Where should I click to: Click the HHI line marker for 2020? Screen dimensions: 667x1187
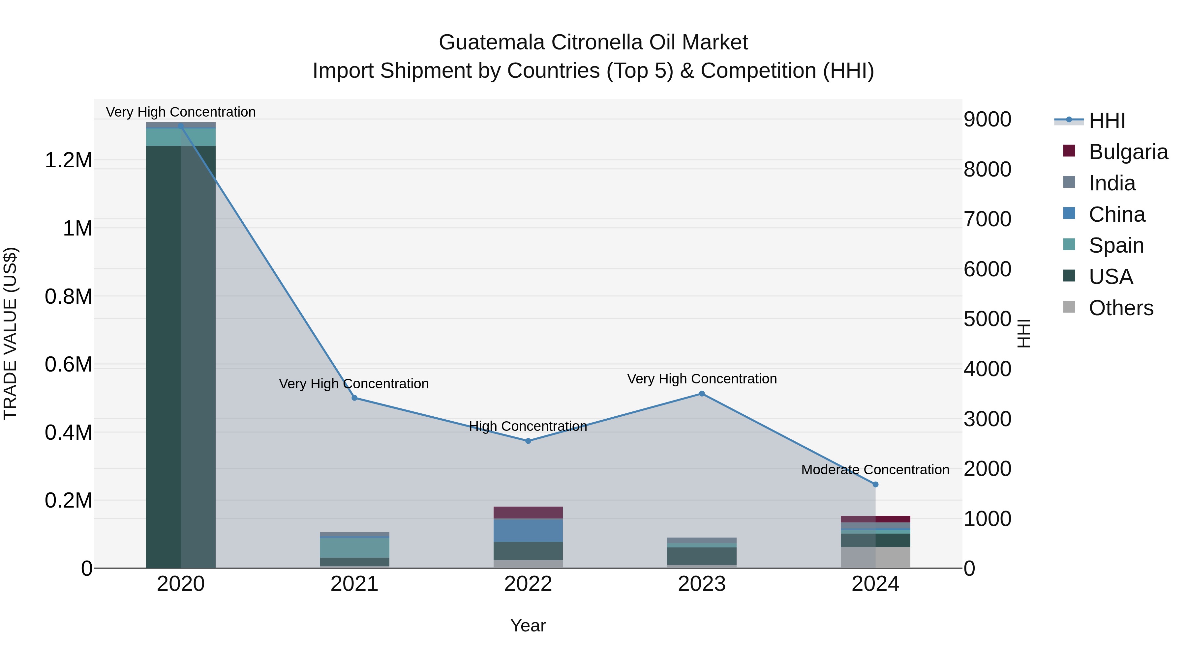(181, 126)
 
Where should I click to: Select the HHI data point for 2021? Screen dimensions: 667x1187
(354, 398)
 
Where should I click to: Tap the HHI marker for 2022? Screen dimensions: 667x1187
(528, 441)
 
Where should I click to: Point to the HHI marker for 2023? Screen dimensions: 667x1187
(702, 394)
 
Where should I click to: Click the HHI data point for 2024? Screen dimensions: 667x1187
(875, 484)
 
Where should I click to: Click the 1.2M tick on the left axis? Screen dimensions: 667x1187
(68, 161)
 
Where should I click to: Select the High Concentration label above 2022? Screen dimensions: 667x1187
(528, 426)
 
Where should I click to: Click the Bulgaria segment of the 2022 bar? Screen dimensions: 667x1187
(528, 512)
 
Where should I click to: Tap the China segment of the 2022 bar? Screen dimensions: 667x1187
(528, 530)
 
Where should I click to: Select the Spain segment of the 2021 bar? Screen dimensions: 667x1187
(354, 548)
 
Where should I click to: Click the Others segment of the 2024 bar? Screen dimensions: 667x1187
(875, 557)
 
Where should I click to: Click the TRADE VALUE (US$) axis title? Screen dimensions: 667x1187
(10, 333)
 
